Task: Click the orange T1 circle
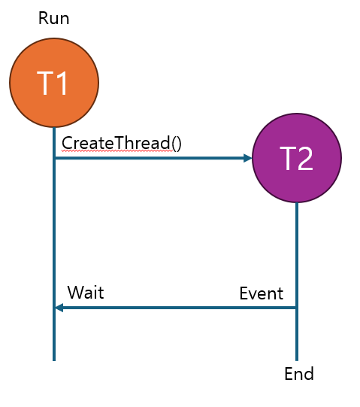54,83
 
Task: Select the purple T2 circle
297,158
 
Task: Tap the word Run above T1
53,18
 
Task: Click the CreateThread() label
122,143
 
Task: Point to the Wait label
86,293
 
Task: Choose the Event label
262,293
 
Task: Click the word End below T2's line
299,374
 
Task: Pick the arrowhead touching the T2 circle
248,158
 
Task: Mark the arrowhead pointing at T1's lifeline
59,308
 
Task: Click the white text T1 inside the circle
53,83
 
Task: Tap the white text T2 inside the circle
296,158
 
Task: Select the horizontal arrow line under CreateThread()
153,158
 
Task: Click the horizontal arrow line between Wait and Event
176,308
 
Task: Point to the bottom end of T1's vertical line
54,360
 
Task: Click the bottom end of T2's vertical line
297,360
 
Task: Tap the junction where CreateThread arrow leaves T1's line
54,158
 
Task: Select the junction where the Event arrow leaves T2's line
297,308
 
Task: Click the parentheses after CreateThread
177,143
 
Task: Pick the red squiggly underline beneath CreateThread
117,150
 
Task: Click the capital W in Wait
75,293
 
